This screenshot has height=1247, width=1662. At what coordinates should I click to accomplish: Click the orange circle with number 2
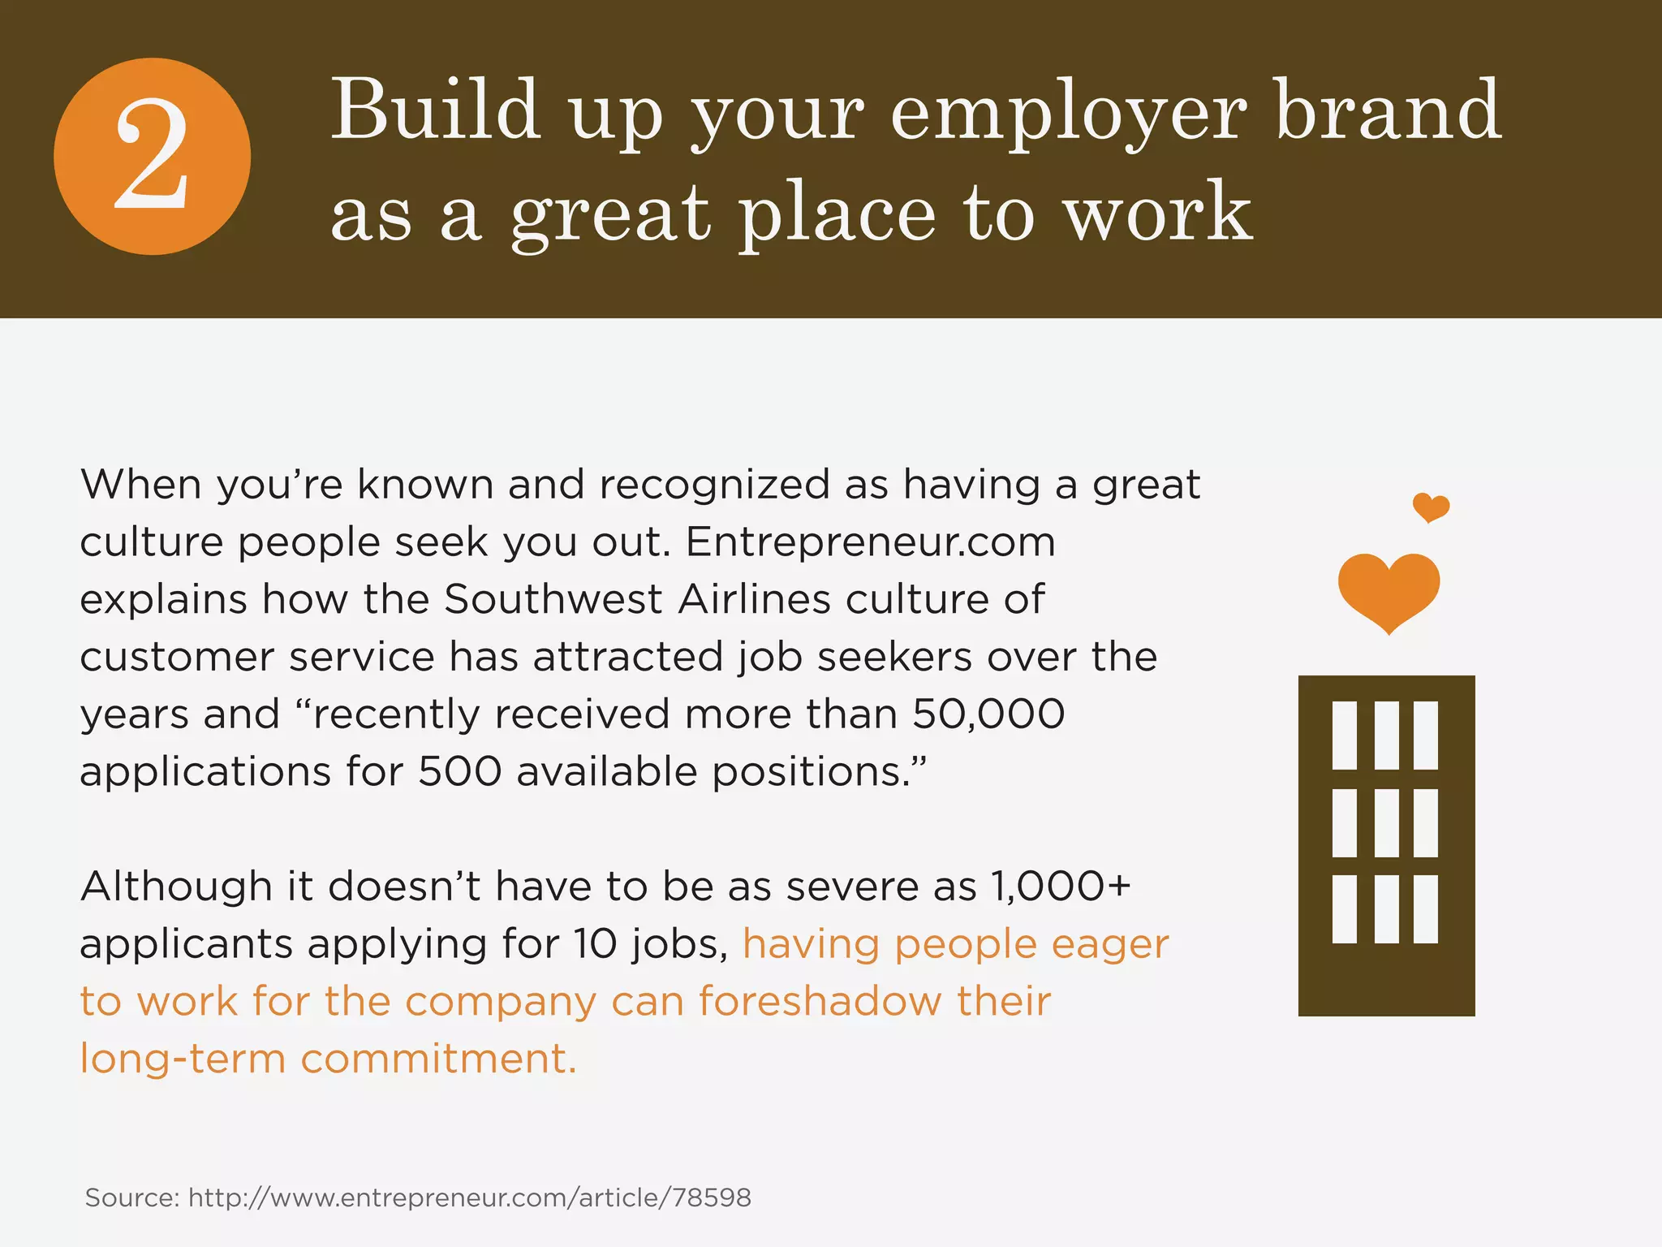click(152, 157)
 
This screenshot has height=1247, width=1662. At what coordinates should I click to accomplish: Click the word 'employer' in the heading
click(1068, 114)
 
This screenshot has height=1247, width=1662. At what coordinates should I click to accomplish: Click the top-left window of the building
click(1344, 736)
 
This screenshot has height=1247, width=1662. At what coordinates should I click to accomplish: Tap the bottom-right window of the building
click(1425, 908)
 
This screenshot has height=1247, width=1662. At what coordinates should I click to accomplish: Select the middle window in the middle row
click(1386, 822)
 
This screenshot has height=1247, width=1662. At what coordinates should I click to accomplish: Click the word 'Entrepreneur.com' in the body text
click(870, 542)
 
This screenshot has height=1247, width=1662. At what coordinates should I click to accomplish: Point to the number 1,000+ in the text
click(1060, 886)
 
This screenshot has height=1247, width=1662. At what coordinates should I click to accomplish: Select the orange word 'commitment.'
click(438, 1059)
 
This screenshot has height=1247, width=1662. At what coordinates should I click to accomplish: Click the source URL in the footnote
click(470, 1197)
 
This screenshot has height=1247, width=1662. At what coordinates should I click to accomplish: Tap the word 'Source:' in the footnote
click(131, 1197)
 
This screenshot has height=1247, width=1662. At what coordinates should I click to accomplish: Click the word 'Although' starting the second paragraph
click(175, 886)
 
